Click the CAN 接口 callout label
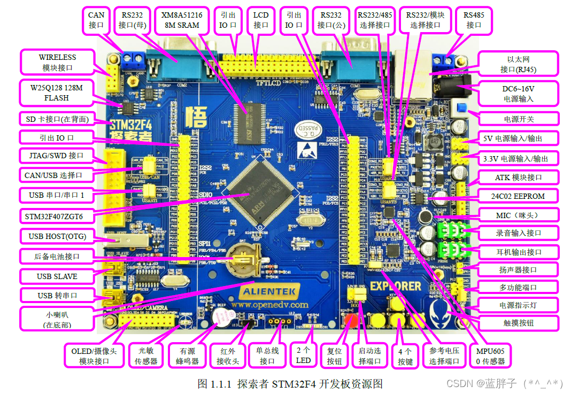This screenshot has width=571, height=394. (x=96, y=20)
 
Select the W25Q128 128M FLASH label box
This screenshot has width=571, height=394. (x=53, y=92)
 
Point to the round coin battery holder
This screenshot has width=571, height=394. (x=243, y=261)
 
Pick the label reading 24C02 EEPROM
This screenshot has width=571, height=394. (x=518, y=196)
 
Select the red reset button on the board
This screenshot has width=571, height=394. (x=352, y=321)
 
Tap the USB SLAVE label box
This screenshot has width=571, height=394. (x=57, y=276)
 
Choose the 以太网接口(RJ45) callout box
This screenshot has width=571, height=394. (x=518, y=64)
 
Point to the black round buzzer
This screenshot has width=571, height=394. (x=220, y=319)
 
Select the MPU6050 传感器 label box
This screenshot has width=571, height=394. (x=490, y=356)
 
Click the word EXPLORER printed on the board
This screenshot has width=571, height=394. (x=396, y=286)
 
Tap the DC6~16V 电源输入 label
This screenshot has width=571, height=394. (x=518, y=93)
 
